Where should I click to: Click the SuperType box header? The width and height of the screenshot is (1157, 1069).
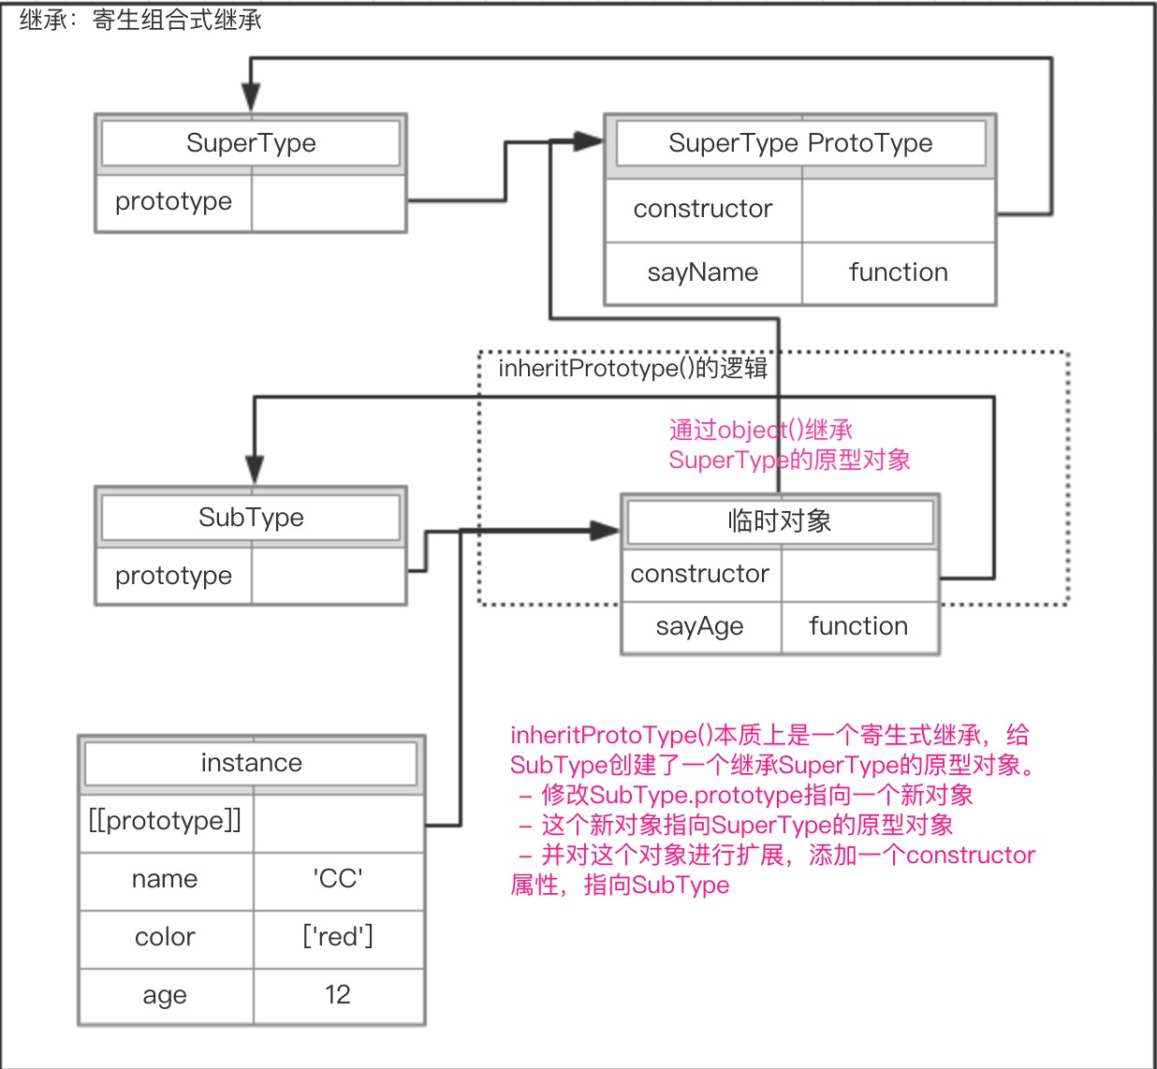point(251,143)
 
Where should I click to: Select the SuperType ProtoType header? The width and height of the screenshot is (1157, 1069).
point(800,143)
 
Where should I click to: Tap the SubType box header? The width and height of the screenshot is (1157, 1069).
point(251,518)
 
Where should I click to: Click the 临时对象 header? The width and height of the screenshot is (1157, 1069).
point(780,521)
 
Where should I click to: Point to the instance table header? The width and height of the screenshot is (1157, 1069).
point(251,763)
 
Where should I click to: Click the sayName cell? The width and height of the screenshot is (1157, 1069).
point(703,272)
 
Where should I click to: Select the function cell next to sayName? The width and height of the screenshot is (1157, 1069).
point(898,272)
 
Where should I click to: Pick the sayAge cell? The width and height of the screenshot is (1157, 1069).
point(700,626)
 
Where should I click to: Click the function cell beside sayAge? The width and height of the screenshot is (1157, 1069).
point(858,626)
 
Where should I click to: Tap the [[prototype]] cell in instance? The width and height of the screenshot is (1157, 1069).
point(165,821)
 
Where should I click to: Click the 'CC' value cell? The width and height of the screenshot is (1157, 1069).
point(338,879)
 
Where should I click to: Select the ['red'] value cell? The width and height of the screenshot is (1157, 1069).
point(338,937)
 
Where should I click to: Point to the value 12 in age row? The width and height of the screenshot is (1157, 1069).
point(338,995)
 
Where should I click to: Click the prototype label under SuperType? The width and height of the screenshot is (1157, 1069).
point(173,201)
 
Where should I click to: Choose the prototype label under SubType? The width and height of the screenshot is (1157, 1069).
point(173,576)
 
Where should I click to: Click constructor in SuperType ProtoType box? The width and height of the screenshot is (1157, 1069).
point(703,209)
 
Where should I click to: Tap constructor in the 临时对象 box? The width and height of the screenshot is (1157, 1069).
point(700,574)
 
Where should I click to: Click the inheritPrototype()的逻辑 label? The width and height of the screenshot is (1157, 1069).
point(632,368)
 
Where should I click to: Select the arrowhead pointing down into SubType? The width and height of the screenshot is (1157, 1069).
point(255,469)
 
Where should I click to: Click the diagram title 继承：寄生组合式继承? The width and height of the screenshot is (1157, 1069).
point(140,20)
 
